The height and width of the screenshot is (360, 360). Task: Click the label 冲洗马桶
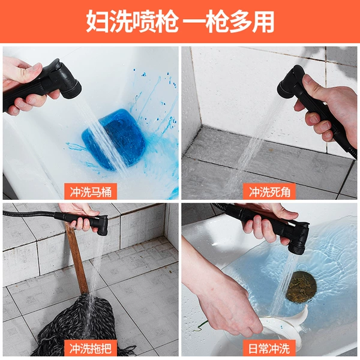pos(91,191)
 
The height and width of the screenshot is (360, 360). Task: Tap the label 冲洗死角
pos(269,191)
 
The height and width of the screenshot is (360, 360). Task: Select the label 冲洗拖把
pos(91,348)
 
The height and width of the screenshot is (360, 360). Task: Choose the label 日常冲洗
pos(269,348)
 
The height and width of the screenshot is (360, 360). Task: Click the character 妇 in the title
pos(97,22)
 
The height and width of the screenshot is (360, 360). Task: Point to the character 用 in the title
pos(263,22)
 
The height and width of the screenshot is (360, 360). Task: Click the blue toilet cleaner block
pos(113,139)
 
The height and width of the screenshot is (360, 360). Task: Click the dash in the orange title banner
pos(193,22)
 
